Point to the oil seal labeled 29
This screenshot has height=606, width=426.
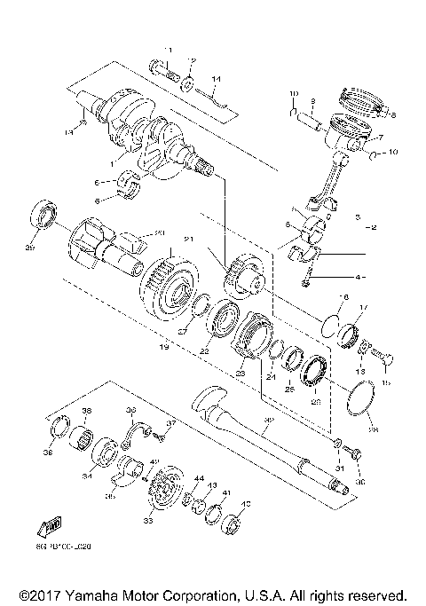coord(43,214)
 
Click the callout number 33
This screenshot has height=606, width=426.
coord(148,521)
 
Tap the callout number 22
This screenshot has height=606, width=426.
coord(203,351)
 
